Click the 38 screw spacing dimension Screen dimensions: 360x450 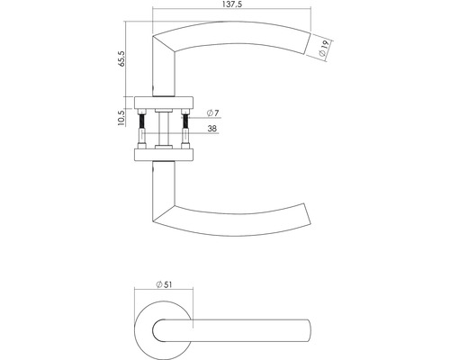point(211,128)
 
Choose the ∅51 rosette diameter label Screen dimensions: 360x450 point(163,283)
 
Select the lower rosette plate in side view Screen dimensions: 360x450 point(163,155)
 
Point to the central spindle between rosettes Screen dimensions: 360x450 point(163,128)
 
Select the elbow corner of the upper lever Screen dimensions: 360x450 point(161,36)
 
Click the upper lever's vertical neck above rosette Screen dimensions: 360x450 point(163,72)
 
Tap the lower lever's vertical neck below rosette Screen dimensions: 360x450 point(163,184)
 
